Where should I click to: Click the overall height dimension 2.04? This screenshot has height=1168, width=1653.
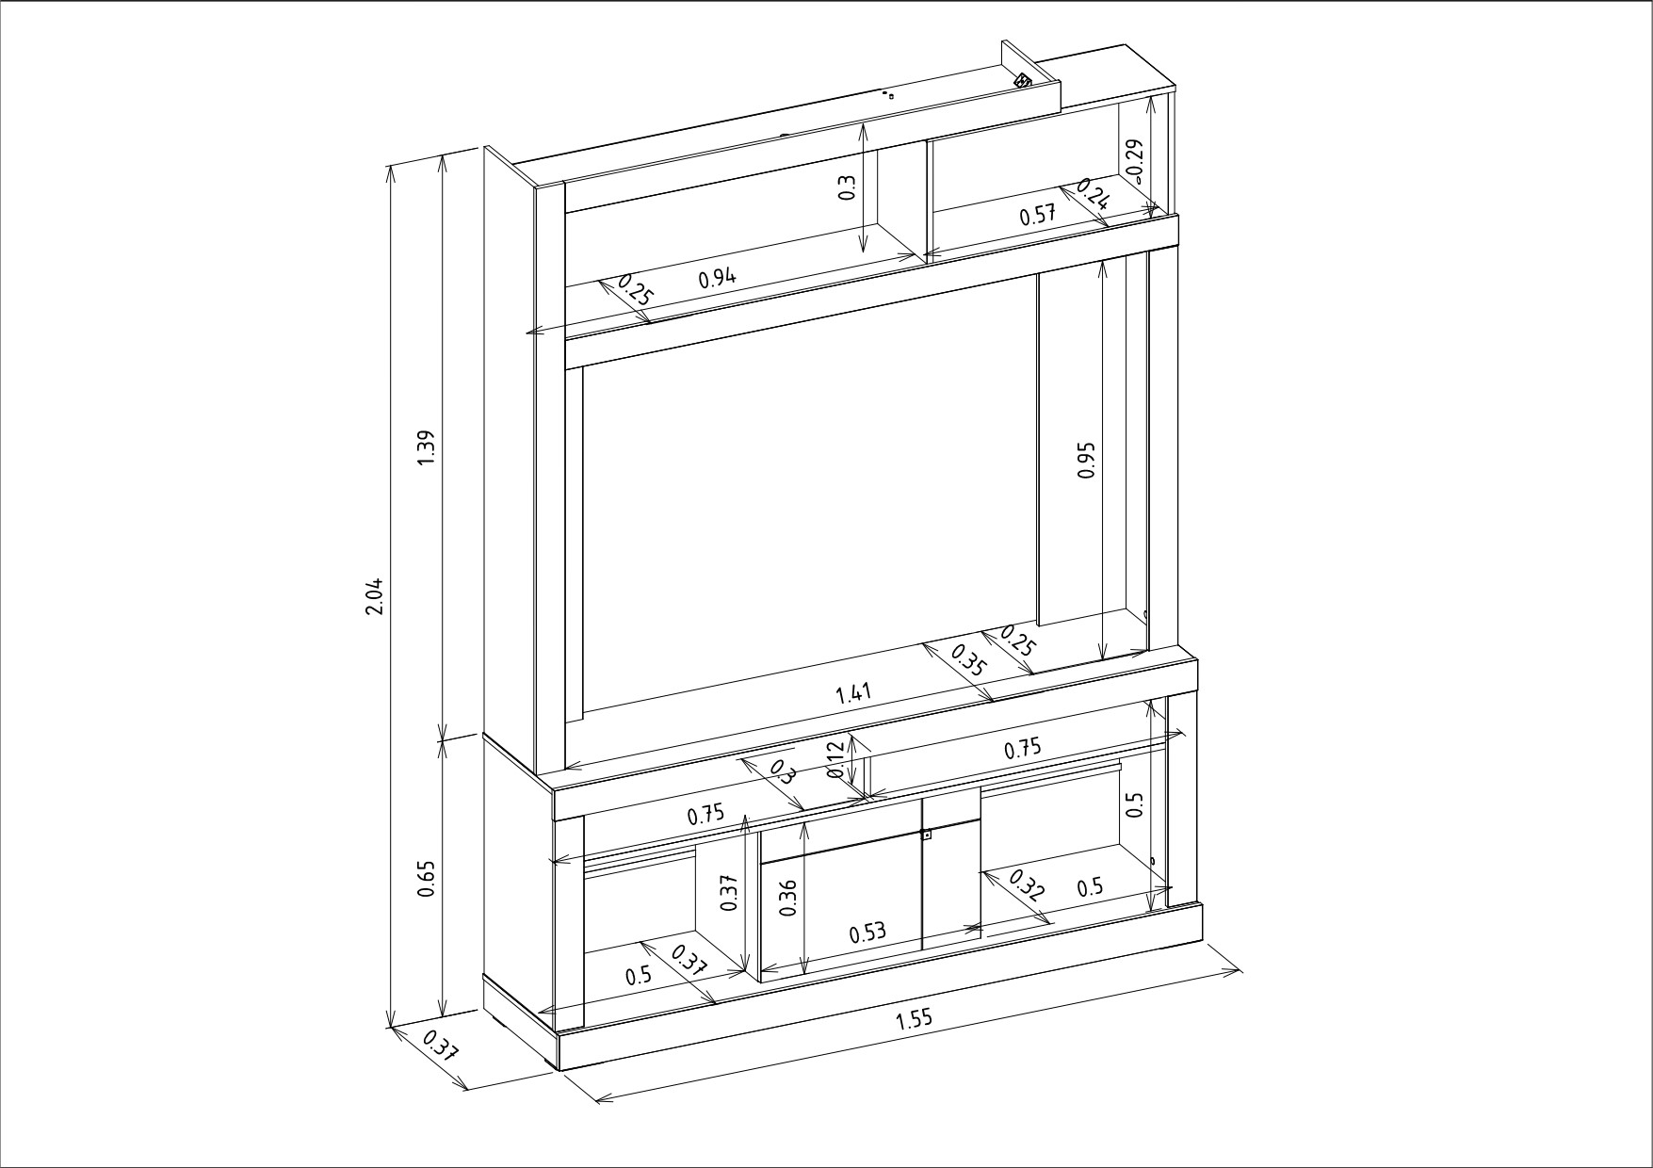pyautogui.click(x=375, y=596)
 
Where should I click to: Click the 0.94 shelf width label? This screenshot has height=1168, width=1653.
pyautogui.click(x=718, y=278)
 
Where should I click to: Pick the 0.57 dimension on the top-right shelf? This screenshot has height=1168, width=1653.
pyautogui.click(x=1038, y=214)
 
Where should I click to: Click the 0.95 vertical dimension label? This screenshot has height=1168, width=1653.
pyautogui.click(x=1087, y=460)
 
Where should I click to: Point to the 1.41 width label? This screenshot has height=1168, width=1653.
pyautogui.click(x=854, y=694)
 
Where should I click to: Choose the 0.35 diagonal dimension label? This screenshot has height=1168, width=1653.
pyautogui.click(x=967, y=659)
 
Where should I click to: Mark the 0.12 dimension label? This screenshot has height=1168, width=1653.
pyautogui.click(x=835, y=759)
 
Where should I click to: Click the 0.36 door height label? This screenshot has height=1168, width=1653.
pyautogui.click(x=789, y=897)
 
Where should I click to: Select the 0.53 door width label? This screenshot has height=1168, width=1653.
pyautogui.click(x=867, y=933)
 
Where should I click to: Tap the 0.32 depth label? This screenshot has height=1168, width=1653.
pyautogui.click(x=1027, y=884)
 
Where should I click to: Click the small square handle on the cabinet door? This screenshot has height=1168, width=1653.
pyautogui.click(x=927, y=834)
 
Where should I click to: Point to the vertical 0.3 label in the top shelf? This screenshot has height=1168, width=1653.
pyautogui.click(x=846, y=188)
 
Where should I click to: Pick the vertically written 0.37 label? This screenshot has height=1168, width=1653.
pyautogui.click(x=728, y=891)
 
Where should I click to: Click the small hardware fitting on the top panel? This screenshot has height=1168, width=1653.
pyautogui.click(x=1023, y=80)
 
